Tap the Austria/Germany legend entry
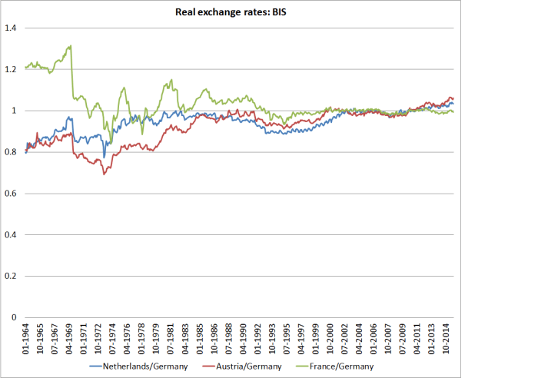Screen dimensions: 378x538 [243, 366]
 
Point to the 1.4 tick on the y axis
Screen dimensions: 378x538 [11, 28]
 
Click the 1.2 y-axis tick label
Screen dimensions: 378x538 [11, 70]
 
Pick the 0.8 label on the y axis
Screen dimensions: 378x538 [11, 152]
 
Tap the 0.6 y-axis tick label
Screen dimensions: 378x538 [11, 194]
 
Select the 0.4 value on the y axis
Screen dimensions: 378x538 [11, 235]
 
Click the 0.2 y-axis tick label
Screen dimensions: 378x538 [11, 276]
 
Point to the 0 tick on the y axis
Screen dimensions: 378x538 [14, 317]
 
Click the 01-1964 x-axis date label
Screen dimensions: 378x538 [27, 338]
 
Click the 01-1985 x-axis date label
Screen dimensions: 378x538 [197, 338]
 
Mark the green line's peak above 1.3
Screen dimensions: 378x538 [71, 45]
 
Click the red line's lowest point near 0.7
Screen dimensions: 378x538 [104, 174]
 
